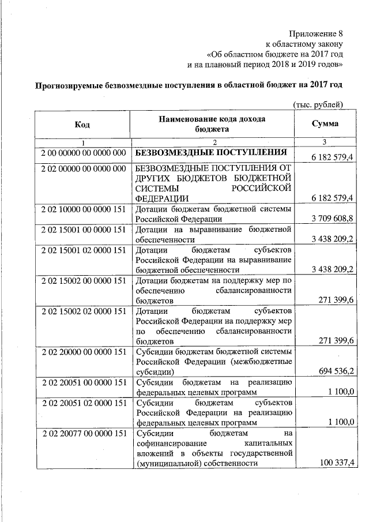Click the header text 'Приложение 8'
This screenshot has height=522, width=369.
coord(316,33)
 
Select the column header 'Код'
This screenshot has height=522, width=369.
coord(82,124)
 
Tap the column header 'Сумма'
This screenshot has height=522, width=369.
coord(325,124)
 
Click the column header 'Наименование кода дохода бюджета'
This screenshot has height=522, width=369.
coord(212,124)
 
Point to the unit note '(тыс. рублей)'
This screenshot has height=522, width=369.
coord(318,104)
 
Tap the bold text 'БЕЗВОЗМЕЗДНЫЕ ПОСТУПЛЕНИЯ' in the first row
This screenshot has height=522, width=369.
coord(211,153)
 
